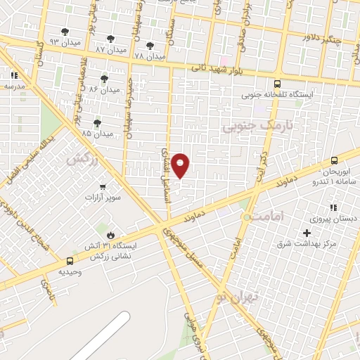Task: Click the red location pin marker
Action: [x=181, y=166]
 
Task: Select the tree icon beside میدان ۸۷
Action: [x=110, y=39]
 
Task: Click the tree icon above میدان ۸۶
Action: [x=104, y=79]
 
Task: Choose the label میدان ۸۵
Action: [x=97, y=133]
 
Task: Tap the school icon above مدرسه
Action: [x=14, y=75]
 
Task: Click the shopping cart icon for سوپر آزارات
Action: [x=103, y=187]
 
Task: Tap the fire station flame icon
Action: [x=110, y=234]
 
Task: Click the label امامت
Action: [x=269, y=217]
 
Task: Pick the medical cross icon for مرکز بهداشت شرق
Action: [x=306, y=233]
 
